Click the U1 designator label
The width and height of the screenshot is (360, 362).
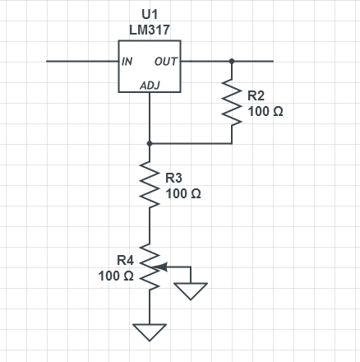pos(150,14)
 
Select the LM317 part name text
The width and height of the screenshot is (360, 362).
pos(150,30)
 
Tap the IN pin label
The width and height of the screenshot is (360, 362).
pos(127,62)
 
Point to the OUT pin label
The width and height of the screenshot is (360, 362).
pos(166,62)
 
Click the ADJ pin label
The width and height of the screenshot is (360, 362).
pos(150,86)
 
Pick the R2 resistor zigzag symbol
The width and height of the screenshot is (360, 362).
pos(232,102)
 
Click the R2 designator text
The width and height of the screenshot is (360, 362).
pos(256,95)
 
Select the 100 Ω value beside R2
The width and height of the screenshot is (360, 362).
pos(265,112)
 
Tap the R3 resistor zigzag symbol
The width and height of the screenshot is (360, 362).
pos(150,184)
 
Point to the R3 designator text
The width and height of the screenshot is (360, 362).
pos(173,178)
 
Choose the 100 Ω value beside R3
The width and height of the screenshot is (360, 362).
pos(183,194)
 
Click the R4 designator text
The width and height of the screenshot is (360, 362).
pos(126,260)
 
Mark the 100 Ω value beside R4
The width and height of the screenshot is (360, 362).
pos(116,276)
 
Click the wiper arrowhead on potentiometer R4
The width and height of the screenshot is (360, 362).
pos(161,267)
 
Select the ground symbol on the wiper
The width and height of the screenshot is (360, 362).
pos(191,291)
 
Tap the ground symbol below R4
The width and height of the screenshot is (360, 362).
pos(150,332)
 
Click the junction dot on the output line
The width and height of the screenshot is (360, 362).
pos(232,61)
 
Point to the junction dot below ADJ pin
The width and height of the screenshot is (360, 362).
pos(150,143)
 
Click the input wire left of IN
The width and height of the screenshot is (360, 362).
pos(82,61)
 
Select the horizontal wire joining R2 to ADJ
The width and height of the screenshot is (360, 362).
pos(191,143)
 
